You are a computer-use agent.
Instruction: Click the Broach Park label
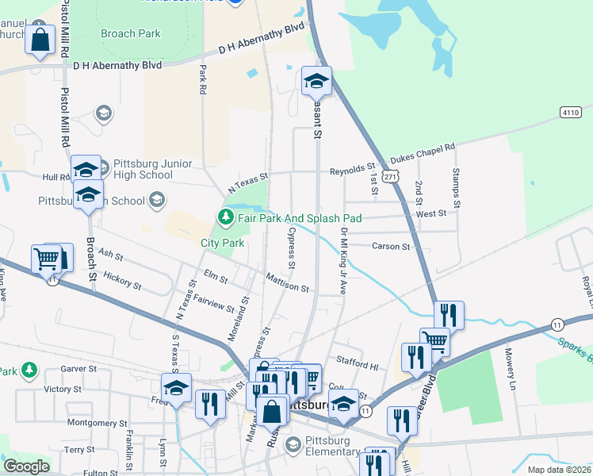click(x=130, y=33)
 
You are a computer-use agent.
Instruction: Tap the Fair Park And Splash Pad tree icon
click(x=226, y=217)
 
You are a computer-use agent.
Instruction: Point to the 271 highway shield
click(x=388, y=178)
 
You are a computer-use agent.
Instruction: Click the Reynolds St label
click(x=353, y=169)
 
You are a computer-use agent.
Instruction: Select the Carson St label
click(x=392, y=247)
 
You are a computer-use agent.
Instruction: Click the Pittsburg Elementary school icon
click(x=293, y=446)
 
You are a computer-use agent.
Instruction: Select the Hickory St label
click(x=122, y=282)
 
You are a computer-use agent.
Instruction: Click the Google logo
click(x=27, y=466)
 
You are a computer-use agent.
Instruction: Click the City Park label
click(x=222, y=243)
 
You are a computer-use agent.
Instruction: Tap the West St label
click(x=431, y=213)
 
